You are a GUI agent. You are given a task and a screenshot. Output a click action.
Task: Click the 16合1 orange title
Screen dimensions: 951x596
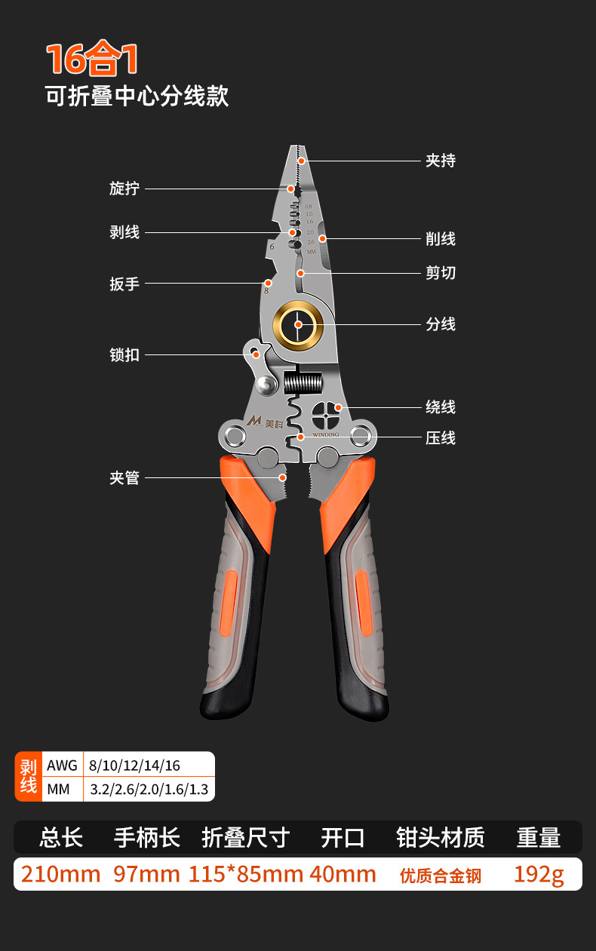[x=92, y=60]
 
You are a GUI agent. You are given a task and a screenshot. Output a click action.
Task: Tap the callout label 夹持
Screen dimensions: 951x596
[x=441, y=161]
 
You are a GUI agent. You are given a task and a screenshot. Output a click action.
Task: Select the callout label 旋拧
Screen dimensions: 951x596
[x=124, y=189]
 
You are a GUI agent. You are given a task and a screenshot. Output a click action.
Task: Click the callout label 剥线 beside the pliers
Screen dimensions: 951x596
[x=124, y=232]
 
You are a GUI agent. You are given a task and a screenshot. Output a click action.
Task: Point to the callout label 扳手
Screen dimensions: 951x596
[x=124, y=284]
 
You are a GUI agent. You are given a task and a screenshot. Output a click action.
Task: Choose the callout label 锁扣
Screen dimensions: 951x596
[x=124, y=354]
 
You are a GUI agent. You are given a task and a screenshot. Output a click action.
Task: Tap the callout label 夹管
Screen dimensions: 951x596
[x=124, y=478]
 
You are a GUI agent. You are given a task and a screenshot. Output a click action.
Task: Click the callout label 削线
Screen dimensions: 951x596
[x=441, y=239]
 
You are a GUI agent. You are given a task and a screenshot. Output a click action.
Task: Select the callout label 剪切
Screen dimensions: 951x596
[x=441, y=273]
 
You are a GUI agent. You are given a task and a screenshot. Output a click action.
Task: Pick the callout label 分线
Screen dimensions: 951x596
[x=441, y=324]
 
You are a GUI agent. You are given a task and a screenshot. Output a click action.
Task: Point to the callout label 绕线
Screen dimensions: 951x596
[x=441, y=407]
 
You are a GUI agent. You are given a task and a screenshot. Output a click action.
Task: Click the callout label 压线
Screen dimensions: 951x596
[x=441, y=438]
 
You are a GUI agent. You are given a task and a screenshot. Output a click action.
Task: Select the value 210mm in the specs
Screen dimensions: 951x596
[x=60, y=874]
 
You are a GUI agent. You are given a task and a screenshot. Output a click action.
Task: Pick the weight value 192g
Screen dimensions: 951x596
[x=539, y=874]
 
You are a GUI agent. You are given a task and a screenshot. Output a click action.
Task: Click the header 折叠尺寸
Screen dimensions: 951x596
[x=246, y=837]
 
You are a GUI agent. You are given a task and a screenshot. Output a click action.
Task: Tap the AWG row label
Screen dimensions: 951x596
[x=62, y=765]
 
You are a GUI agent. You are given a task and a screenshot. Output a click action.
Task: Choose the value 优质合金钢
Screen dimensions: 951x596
[x=441, y=876]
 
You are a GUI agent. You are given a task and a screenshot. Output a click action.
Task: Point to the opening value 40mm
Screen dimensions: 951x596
[x=343, y=874]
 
